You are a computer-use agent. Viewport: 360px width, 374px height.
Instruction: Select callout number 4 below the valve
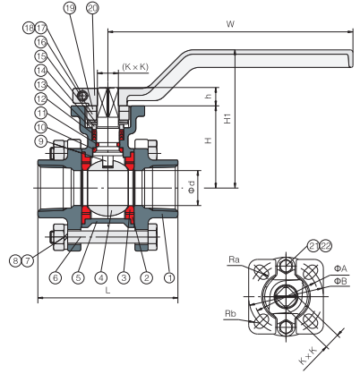[102, 277]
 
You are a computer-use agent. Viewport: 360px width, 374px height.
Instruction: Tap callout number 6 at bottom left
[56, 277]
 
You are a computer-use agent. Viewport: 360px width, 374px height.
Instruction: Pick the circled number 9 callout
[42, 140]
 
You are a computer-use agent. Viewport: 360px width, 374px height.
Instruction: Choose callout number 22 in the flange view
[302, 245]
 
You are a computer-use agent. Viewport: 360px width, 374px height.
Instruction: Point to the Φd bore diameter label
[191, 187]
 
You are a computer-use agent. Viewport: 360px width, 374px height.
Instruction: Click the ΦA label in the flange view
[340, 268]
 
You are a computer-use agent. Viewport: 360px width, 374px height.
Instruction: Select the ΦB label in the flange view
[340, 282]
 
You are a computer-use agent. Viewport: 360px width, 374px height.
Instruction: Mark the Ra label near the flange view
[234, 260]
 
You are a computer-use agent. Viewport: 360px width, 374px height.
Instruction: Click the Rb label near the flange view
[232, 313]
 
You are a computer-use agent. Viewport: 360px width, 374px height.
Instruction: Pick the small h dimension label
[208, 97]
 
